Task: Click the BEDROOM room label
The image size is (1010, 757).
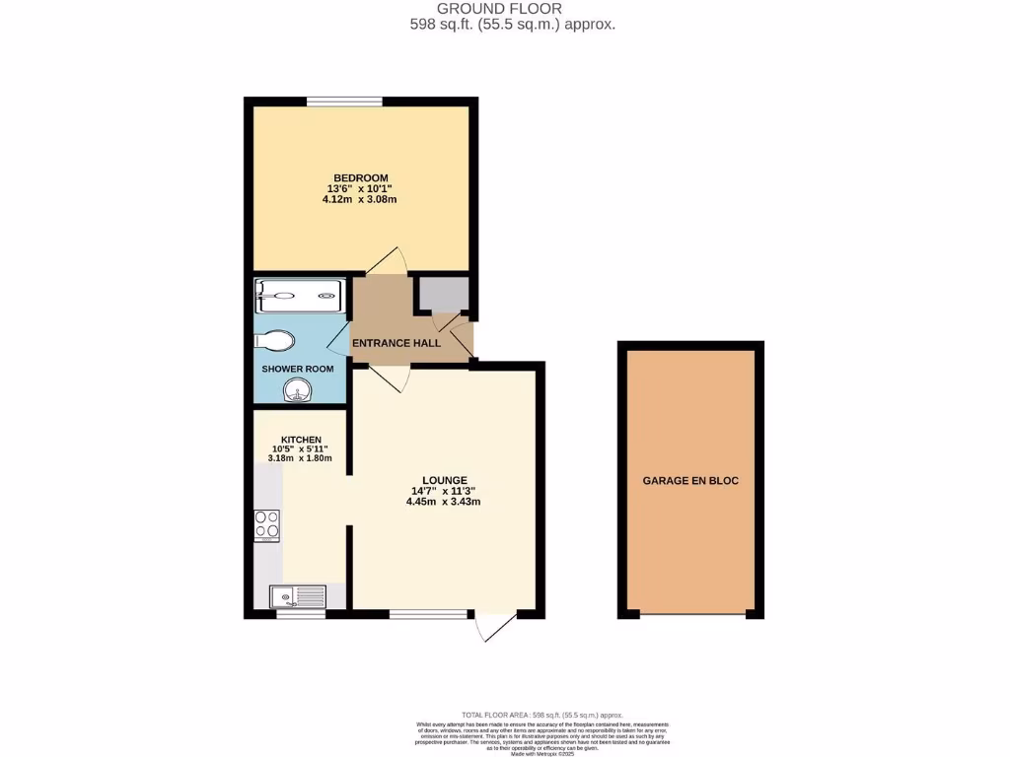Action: (x=359, y=177)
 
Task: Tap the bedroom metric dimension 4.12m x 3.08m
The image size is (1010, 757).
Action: (x=359, y=199)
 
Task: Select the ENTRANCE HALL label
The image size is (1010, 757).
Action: (x=397, y=342)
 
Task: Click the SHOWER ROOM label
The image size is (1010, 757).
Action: (x=297, y=370)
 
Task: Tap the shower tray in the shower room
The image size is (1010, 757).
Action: (x=300, y=294)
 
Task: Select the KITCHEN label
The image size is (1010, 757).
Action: (x=301, y=440)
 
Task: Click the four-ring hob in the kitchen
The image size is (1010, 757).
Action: (x=266, y=525)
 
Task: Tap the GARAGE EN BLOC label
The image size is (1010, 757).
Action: (x=690, y=481)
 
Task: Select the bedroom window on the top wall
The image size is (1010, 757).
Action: (x=344, y=101)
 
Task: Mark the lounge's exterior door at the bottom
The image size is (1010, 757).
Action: (x=496, y=627)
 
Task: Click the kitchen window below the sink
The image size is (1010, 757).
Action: (x=300, y=614)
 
